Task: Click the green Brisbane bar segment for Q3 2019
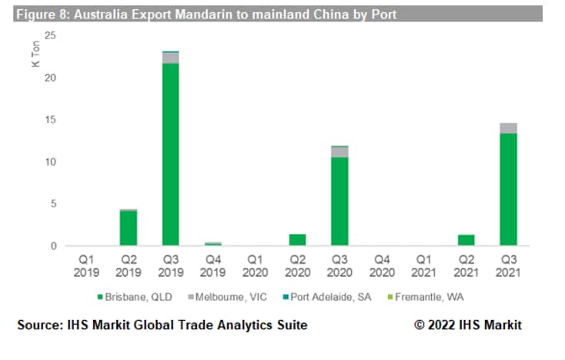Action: [x=170, y=154]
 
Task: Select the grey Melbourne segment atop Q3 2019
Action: [x=170, y=58]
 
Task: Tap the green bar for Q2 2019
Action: [x=128, y=228]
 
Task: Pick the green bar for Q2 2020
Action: [x=297, y=240]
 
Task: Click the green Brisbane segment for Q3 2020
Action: [x=339, y=202]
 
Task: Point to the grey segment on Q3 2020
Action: [x=339, y=152]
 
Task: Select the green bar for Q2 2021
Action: [x=466, y=240]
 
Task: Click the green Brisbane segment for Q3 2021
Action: [x=508, y=189]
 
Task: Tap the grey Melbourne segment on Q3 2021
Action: [x=508, y=128]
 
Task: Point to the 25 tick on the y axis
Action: [x=50, y=35]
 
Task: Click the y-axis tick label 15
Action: [x=50, y=120]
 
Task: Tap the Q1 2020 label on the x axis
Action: [x=255, y=266]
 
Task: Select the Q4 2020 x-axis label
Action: [x=382, y=266]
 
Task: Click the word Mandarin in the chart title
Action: [x=181, y=14]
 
